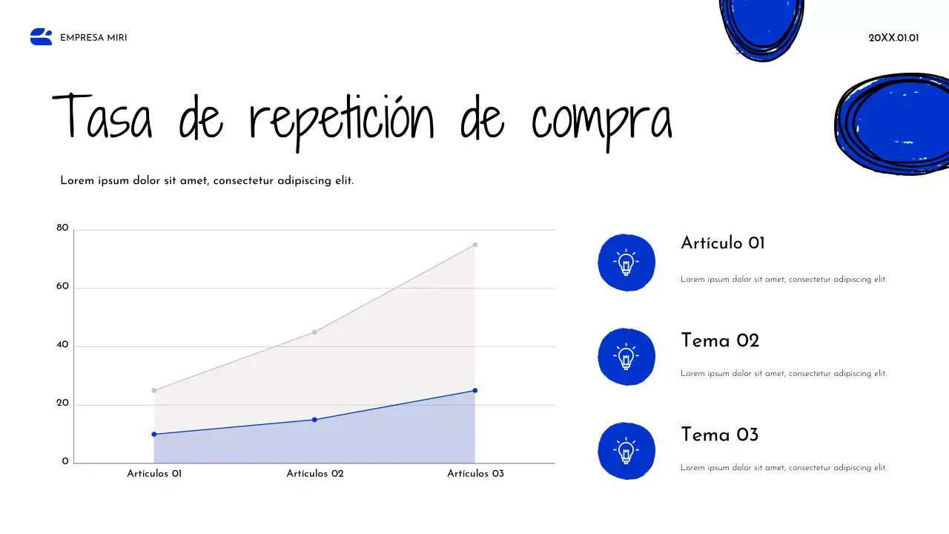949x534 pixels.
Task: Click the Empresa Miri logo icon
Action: pos(42,37)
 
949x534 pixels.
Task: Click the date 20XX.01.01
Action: pos(893,38)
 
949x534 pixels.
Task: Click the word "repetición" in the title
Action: pos(341,119)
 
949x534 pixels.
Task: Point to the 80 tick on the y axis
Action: pos(62,228)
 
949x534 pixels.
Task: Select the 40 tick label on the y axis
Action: pos(62,346)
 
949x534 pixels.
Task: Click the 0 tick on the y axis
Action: pos(65,462)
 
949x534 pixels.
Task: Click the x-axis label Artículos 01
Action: pos(154,474)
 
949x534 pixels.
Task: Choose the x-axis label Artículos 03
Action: pos(475,474)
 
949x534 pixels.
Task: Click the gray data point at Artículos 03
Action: pos(475,245)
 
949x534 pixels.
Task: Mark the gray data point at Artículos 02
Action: pos(314,332)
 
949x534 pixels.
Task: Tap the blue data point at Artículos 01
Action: pos(154,435)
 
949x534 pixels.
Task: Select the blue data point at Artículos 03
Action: pos(475,391)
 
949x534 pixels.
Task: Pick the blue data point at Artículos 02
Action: pos(314,420)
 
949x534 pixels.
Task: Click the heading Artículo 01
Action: pos(722,243)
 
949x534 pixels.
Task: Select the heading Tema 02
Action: pos(720,341)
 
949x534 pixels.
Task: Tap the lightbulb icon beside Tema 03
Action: pos(626,451)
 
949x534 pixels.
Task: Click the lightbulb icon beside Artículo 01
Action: pos(626,263)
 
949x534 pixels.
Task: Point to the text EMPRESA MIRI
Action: pos(93,38)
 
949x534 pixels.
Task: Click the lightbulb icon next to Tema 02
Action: pos(626,357)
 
